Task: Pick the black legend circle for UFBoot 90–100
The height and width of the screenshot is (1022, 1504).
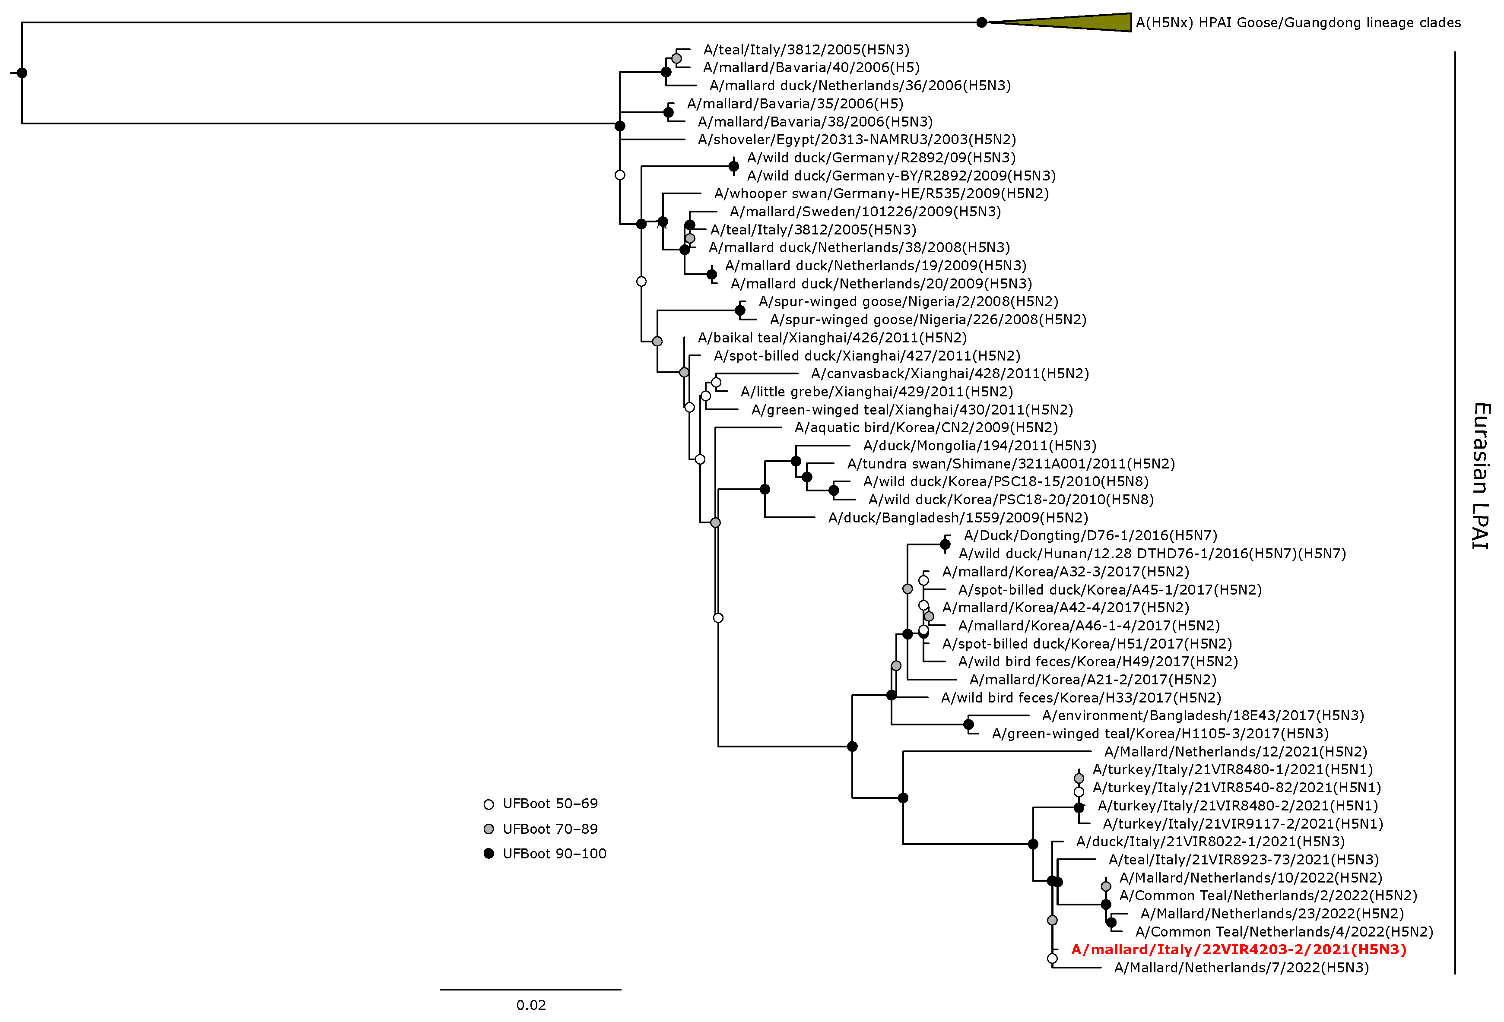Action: coord(489,854)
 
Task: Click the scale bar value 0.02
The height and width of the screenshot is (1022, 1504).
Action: coord(531,1005)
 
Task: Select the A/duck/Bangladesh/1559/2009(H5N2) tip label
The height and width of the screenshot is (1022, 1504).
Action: coord(958,517)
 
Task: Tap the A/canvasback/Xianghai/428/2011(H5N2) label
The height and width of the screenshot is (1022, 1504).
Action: coord(949,374)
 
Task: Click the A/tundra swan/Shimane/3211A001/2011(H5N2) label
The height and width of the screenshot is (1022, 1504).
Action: coord(1010,464)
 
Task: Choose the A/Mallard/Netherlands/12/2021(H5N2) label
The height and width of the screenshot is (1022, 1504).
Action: coord(1235,752)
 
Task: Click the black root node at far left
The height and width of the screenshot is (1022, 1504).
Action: coord(22,73)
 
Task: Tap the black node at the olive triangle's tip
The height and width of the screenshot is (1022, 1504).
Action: coord(982,22)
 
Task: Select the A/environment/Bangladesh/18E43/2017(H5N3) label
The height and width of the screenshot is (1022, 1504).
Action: coord(1203,715)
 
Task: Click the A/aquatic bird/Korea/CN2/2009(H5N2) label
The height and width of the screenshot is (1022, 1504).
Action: coord(926,427)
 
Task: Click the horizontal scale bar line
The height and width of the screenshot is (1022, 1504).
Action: coord(531,990)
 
